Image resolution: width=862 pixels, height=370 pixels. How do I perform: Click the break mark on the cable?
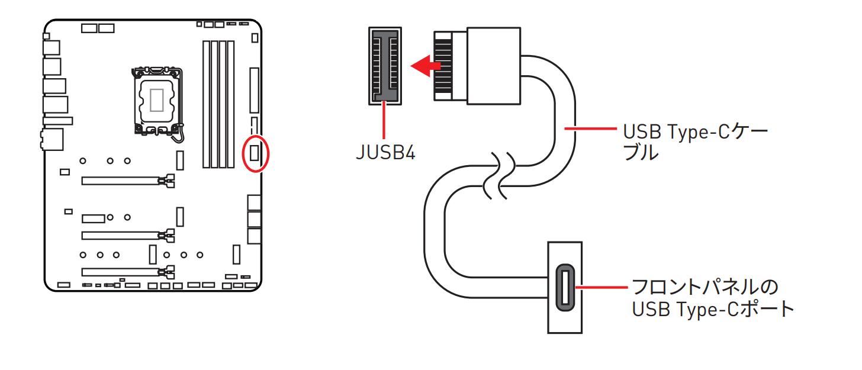coord(497,175)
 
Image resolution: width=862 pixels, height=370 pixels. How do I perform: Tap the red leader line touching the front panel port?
coord(602,288)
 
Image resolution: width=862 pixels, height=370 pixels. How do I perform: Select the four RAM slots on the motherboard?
coord(218,104)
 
